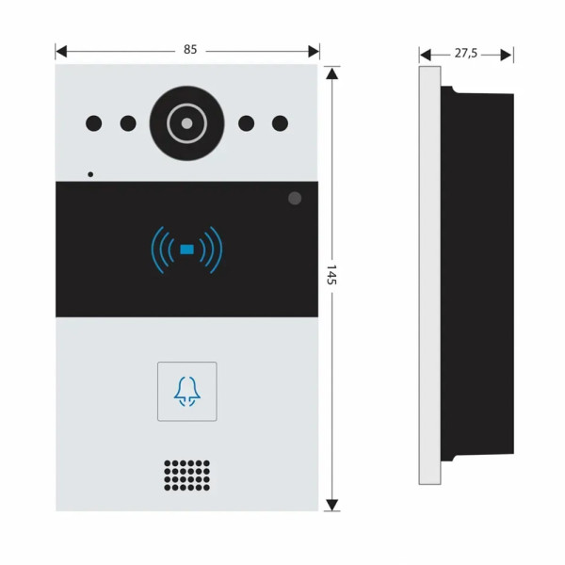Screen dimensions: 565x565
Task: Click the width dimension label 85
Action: point(190,50)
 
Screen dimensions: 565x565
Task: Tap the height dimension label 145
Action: point(331,275)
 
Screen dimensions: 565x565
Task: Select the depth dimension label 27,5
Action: point(466,54)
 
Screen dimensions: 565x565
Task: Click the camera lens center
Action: point(187,123)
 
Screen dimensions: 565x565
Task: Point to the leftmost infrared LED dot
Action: point(94,122)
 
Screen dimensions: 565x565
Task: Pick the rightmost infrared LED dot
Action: point(280,122)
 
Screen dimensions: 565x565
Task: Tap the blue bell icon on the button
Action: point(187,392)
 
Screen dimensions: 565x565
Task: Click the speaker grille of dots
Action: point(186,476)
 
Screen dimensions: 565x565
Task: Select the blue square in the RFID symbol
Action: point(187,250)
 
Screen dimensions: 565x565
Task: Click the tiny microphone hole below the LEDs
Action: point(90,173)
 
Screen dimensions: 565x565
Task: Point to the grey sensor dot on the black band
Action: point(295,199)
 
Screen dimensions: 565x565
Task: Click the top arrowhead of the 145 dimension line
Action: point(331,71)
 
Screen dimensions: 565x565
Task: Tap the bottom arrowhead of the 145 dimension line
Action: point(331,506)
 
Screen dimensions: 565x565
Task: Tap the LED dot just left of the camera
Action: point(128,122)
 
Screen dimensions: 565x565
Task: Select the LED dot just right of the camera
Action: point(247,122)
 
